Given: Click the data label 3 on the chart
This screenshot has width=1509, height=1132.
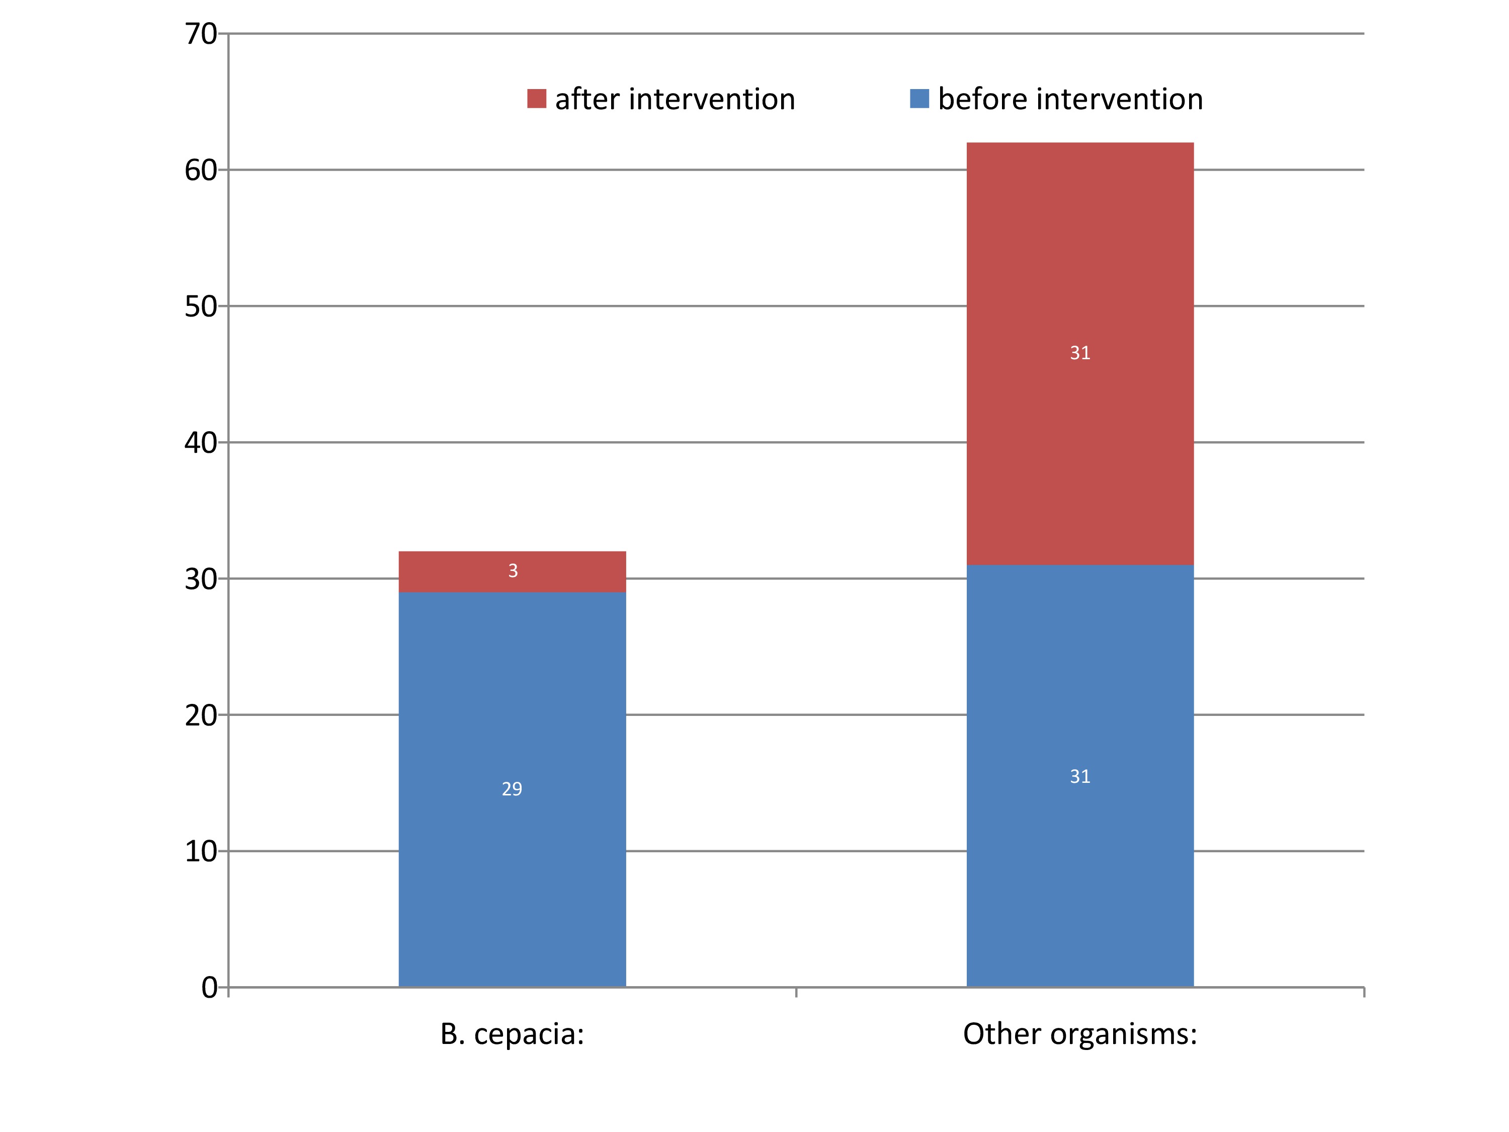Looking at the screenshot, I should (513, 571).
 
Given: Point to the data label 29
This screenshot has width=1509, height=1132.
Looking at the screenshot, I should (512, 789).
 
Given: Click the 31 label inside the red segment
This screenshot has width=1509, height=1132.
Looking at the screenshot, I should (1080, 353).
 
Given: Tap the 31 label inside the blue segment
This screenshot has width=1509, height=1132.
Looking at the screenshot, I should (1080, 776).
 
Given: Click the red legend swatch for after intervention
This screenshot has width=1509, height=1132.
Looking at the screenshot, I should (536, 99).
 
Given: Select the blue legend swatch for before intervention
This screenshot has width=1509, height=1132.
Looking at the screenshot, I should (919, 99).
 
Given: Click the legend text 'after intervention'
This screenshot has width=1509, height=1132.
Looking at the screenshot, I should (675, 100).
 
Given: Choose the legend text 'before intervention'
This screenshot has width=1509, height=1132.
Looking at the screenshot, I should (1070, 100).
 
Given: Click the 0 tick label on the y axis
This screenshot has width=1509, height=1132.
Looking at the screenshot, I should (209, 987).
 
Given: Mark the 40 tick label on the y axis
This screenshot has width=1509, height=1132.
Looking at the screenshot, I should (201, 443).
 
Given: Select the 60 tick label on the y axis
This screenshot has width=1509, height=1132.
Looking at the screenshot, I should (201, 171).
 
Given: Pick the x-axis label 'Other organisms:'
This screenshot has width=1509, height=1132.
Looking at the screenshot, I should (1080, 1034).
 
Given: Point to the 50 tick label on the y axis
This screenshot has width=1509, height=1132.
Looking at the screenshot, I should (201, 307).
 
